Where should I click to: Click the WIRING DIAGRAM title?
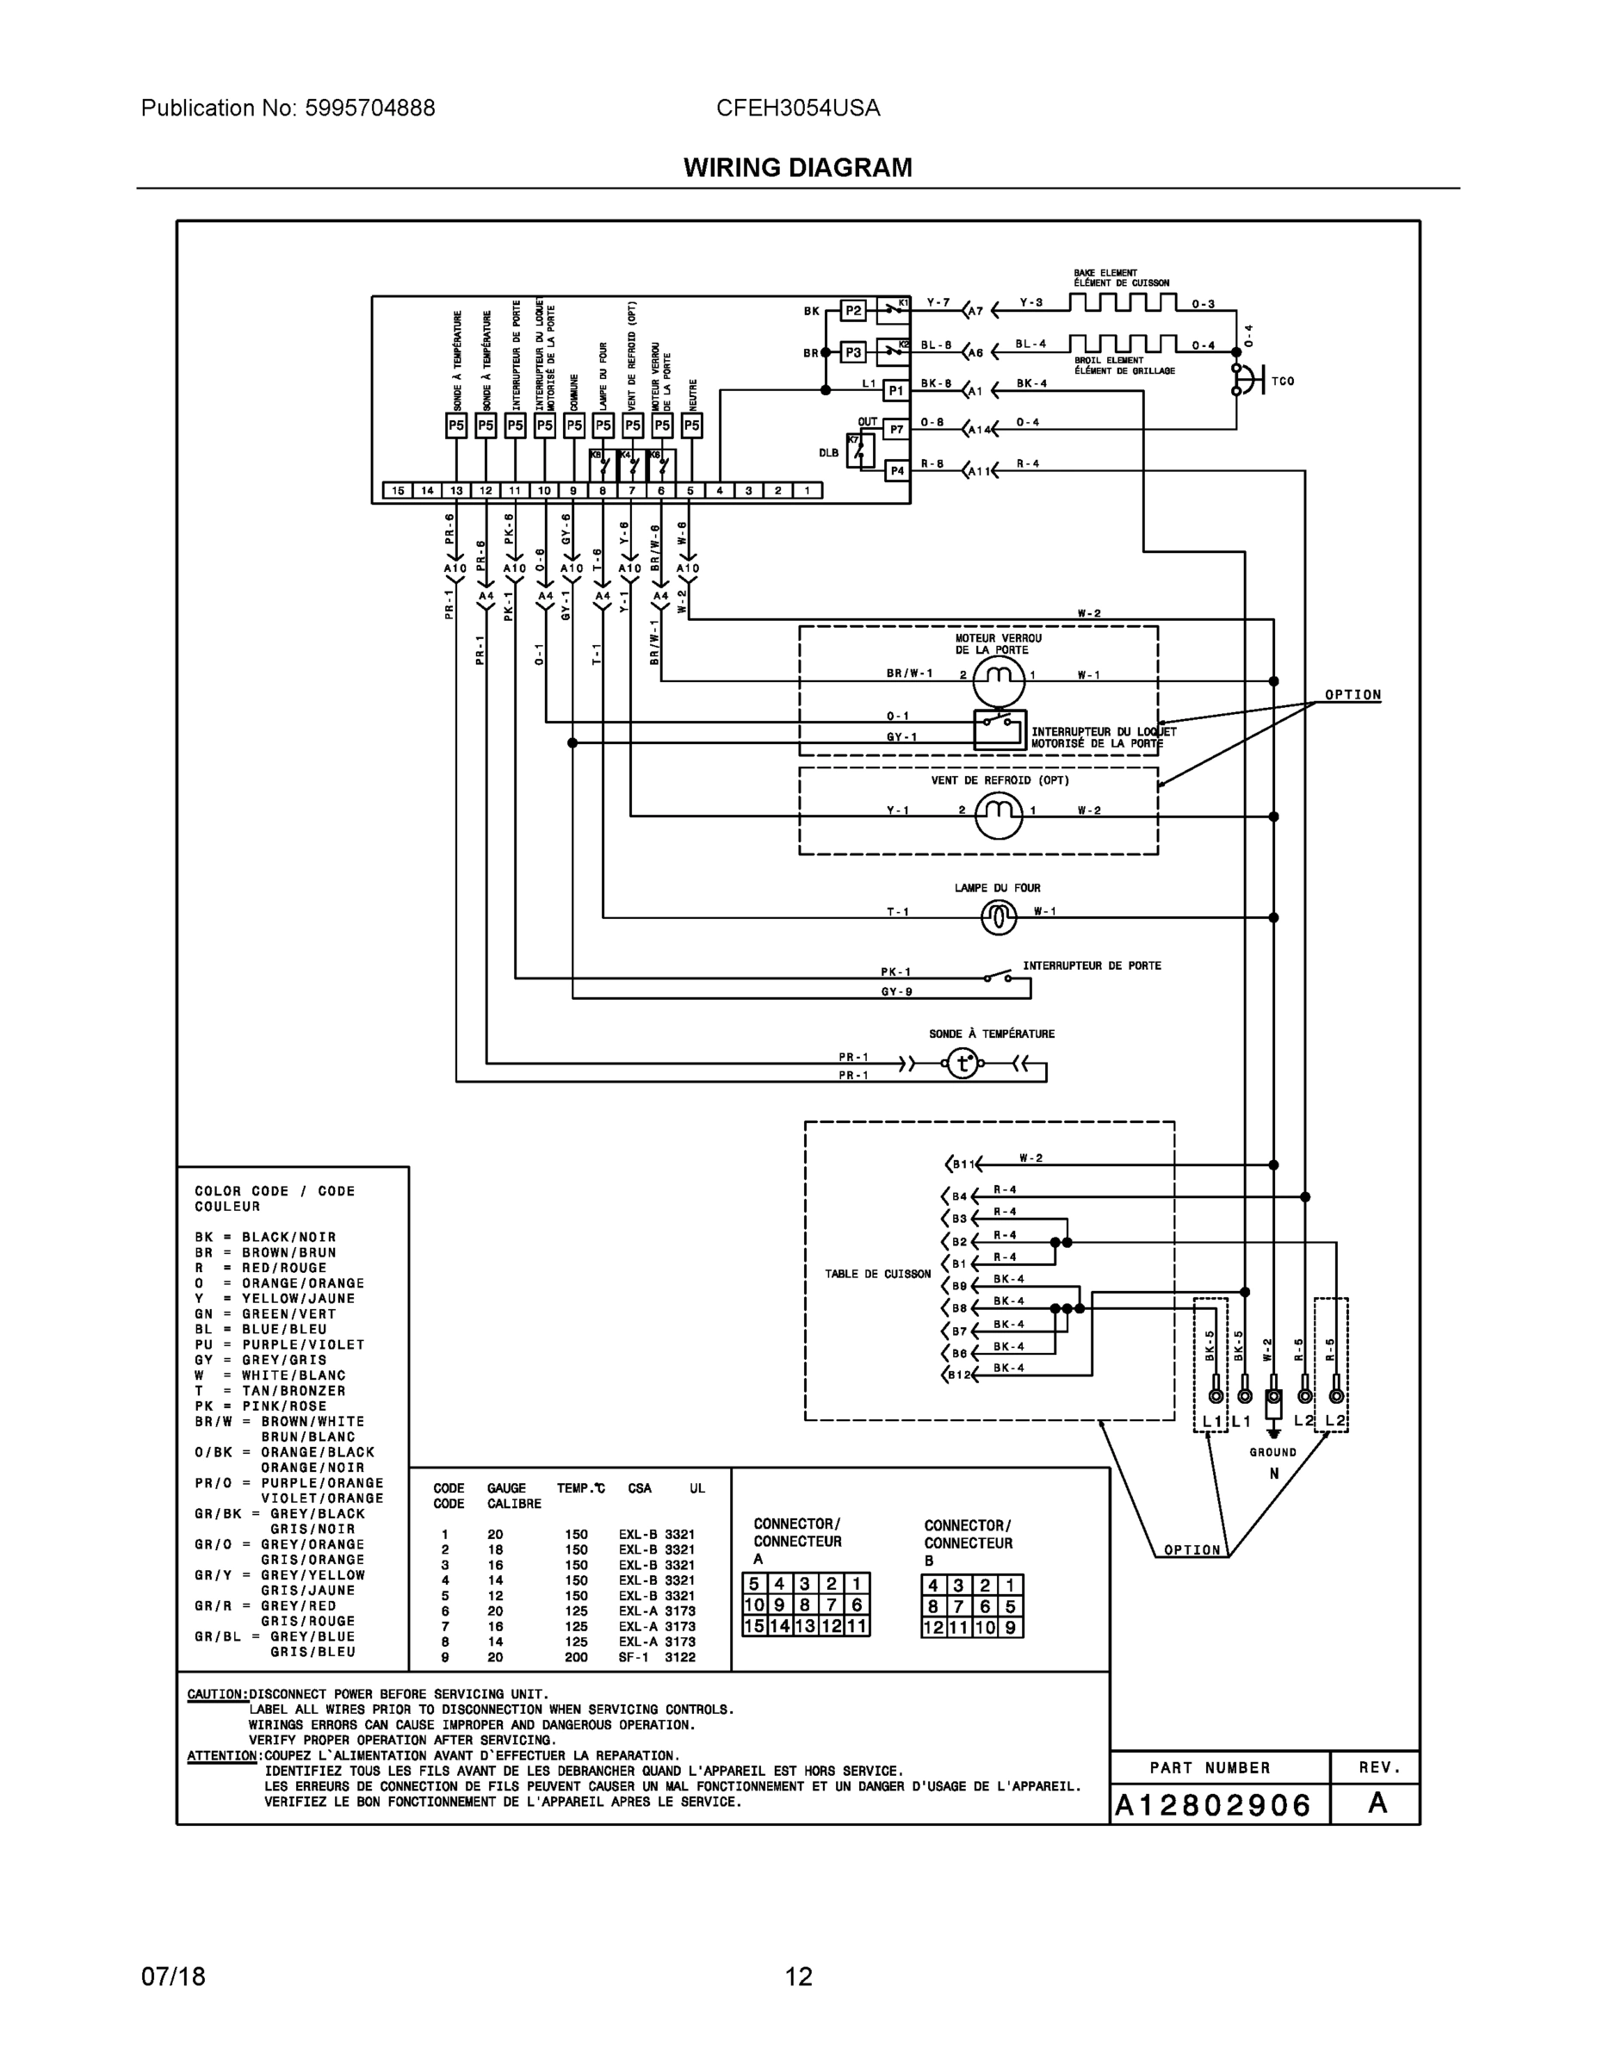tap(797, 168)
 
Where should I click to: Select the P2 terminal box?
tap(853, 310)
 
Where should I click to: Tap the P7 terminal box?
tap(896, 430)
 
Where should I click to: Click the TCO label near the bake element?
tap(1283, 382)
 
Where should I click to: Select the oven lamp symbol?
tap(999, 916)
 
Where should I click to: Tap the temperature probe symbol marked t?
tap(963, 1064)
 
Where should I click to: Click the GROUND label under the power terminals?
tap(1272, 1452)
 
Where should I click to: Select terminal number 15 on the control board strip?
tap(399, 490)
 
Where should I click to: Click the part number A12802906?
tap(1213, 1806)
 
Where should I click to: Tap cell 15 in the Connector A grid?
tap(754, 1627)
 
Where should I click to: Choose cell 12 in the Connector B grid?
tap(934, 1628)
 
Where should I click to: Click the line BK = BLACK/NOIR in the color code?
tap(265, 1237)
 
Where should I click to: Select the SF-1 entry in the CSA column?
tap(633, 1657)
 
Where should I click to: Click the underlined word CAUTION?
tap(218, 1694)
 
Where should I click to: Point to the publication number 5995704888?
tap(370, 108)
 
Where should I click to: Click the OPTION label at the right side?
tap(1352, 695)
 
